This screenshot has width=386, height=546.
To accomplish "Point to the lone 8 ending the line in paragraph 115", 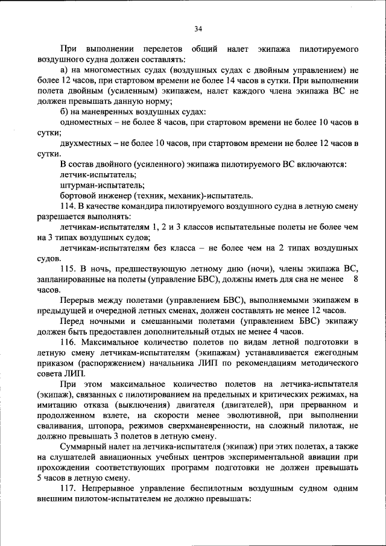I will [x=355, y=279].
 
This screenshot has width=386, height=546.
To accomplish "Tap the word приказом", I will [x=56, y=363].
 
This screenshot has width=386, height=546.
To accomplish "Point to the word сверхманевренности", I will [x=198, y=425].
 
